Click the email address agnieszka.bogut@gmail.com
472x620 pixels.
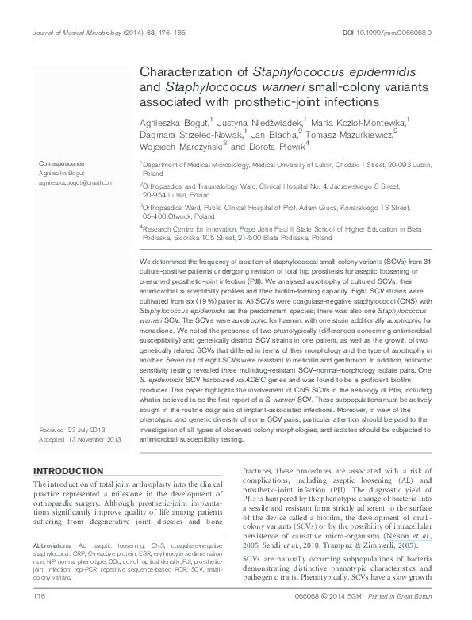[x=75, y=182]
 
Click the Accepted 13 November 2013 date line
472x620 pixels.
[x=80, y=438]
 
